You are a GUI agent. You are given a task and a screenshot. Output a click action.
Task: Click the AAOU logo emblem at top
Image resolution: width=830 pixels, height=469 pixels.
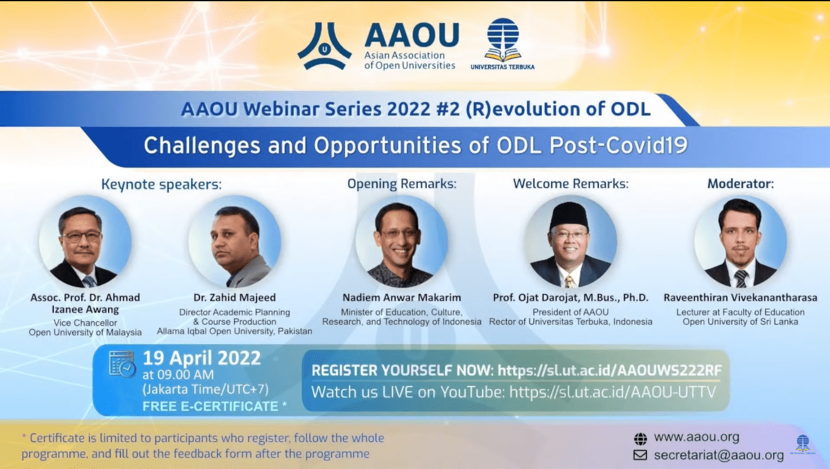[x=324, y=46]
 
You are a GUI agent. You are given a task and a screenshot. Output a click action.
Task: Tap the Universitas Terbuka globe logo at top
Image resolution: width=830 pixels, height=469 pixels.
[x=502, y=39]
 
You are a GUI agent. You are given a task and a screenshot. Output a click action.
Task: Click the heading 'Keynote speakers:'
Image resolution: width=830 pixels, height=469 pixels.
[x=161, y=185]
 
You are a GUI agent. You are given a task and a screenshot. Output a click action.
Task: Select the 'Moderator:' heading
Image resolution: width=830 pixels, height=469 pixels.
[x=740, y=183]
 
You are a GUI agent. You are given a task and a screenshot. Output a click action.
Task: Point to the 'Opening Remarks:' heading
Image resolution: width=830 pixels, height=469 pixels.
[x=402, y=183]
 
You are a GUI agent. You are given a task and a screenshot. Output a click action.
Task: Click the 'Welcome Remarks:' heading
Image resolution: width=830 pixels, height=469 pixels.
[x=570, y=183]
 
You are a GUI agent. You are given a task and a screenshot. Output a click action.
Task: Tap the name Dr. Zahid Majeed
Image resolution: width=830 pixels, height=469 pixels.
[x=235, y=298]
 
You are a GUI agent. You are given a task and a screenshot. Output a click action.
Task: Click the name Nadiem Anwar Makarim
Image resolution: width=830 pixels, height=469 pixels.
[x=401, y=298]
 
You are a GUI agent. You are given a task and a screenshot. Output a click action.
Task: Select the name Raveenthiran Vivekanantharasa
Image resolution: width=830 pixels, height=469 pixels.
[x=740, y=298]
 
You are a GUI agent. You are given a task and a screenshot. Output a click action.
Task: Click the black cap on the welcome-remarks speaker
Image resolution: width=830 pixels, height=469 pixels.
[x=569, y=215]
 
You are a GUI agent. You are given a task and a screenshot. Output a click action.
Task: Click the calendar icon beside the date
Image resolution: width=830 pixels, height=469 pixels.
[x=122, y=364]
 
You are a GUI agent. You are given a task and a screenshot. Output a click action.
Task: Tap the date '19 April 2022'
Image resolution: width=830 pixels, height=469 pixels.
[x=202, y=358]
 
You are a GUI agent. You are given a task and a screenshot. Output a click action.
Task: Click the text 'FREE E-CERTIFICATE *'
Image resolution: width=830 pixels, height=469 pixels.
[x=214, y=406]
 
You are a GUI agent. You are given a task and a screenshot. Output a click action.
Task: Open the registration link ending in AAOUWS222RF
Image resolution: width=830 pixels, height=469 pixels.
[x=609, y=371]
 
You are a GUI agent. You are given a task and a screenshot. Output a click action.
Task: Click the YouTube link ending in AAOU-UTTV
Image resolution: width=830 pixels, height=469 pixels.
[x=611, y=392]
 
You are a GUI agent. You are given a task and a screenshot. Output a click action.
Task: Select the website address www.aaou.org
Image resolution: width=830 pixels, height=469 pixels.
[x=696, y=437]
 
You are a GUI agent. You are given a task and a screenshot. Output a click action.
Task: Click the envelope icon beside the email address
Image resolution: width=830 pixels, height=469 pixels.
[x=640, y=456]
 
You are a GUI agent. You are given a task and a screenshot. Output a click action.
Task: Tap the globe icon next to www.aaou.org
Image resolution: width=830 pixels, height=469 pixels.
[x=640, y=438]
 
